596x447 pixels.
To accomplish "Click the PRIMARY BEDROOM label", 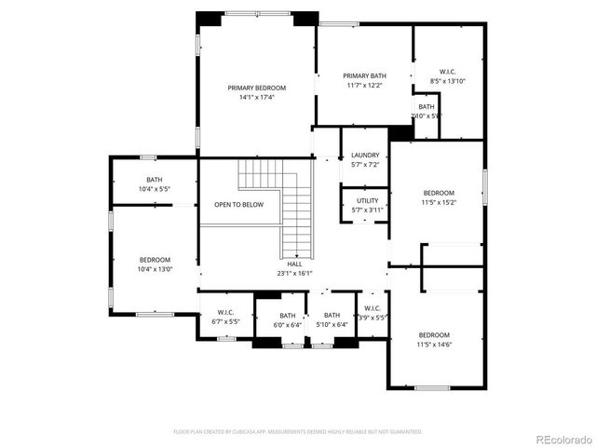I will click(257, 88).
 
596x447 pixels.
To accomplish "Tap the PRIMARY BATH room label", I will click(363, 76).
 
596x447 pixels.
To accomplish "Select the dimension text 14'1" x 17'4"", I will click(257, 97).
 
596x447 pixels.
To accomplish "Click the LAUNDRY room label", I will click(365, 156).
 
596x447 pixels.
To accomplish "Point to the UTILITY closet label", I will click(367, 200).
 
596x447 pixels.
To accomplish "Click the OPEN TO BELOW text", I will click(238, 204).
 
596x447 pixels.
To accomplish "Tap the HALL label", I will click(294, 264).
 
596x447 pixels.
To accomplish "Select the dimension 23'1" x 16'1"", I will click(294, 274).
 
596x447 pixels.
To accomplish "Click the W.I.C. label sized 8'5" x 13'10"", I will click(447, 72).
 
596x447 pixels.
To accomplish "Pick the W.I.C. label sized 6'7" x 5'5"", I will click(225, 312).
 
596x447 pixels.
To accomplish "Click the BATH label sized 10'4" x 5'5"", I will click(154, 180).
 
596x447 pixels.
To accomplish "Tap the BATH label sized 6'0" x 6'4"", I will click(288, 316).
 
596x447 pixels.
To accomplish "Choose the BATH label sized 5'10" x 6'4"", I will click(332, 316).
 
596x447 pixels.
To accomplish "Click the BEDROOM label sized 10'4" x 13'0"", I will click(155, 260).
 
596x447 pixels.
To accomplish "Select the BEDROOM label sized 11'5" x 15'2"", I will click(438, 193).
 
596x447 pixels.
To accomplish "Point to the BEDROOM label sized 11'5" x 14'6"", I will click(434, 335).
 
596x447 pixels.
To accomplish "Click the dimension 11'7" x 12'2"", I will click(363, 86).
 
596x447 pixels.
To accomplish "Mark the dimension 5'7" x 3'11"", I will click(367, 210).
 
